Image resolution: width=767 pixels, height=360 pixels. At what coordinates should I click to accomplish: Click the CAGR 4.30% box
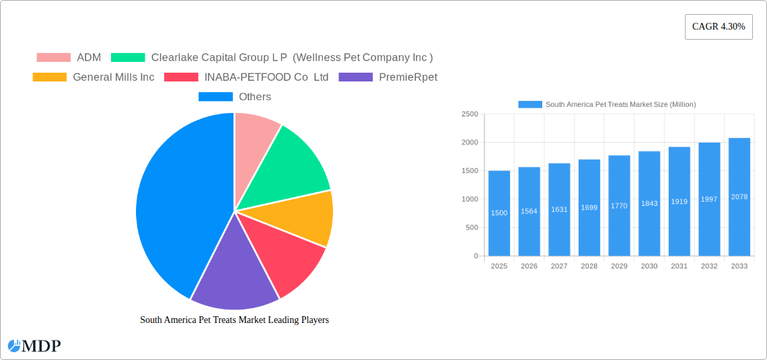[x=719, y=27]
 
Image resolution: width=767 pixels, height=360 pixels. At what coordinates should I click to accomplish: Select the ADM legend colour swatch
[x=54, y=57]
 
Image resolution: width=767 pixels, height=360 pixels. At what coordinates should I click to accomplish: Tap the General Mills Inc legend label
[x=114, y=77]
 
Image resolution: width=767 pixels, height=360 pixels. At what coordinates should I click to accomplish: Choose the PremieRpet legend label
[x=408, y=77]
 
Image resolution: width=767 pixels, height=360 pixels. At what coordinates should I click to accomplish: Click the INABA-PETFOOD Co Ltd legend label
[x=266, y=77]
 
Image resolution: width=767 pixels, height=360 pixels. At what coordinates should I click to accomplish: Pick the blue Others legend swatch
[x=215, y=96]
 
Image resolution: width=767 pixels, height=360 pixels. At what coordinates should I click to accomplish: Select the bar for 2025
[x=499, y=213]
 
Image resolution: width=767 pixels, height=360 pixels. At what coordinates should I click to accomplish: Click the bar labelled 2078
[x=739, y=196]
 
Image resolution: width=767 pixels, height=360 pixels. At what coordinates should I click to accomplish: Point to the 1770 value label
[x=619, y=206]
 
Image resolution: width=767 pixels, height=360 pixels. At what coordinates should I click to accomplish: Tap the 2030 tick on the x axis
[x=649, y=266]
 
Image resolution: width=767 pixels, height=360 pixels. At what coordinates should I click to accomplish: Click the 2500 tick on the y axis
[x=470, y=114]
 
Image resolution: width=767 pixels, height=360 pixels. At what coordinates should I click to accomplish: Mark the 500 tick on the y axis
[x=472, y=227]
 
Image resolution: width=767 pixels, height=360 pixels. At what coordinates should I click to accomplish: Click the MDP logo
[x=34, y=346]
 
